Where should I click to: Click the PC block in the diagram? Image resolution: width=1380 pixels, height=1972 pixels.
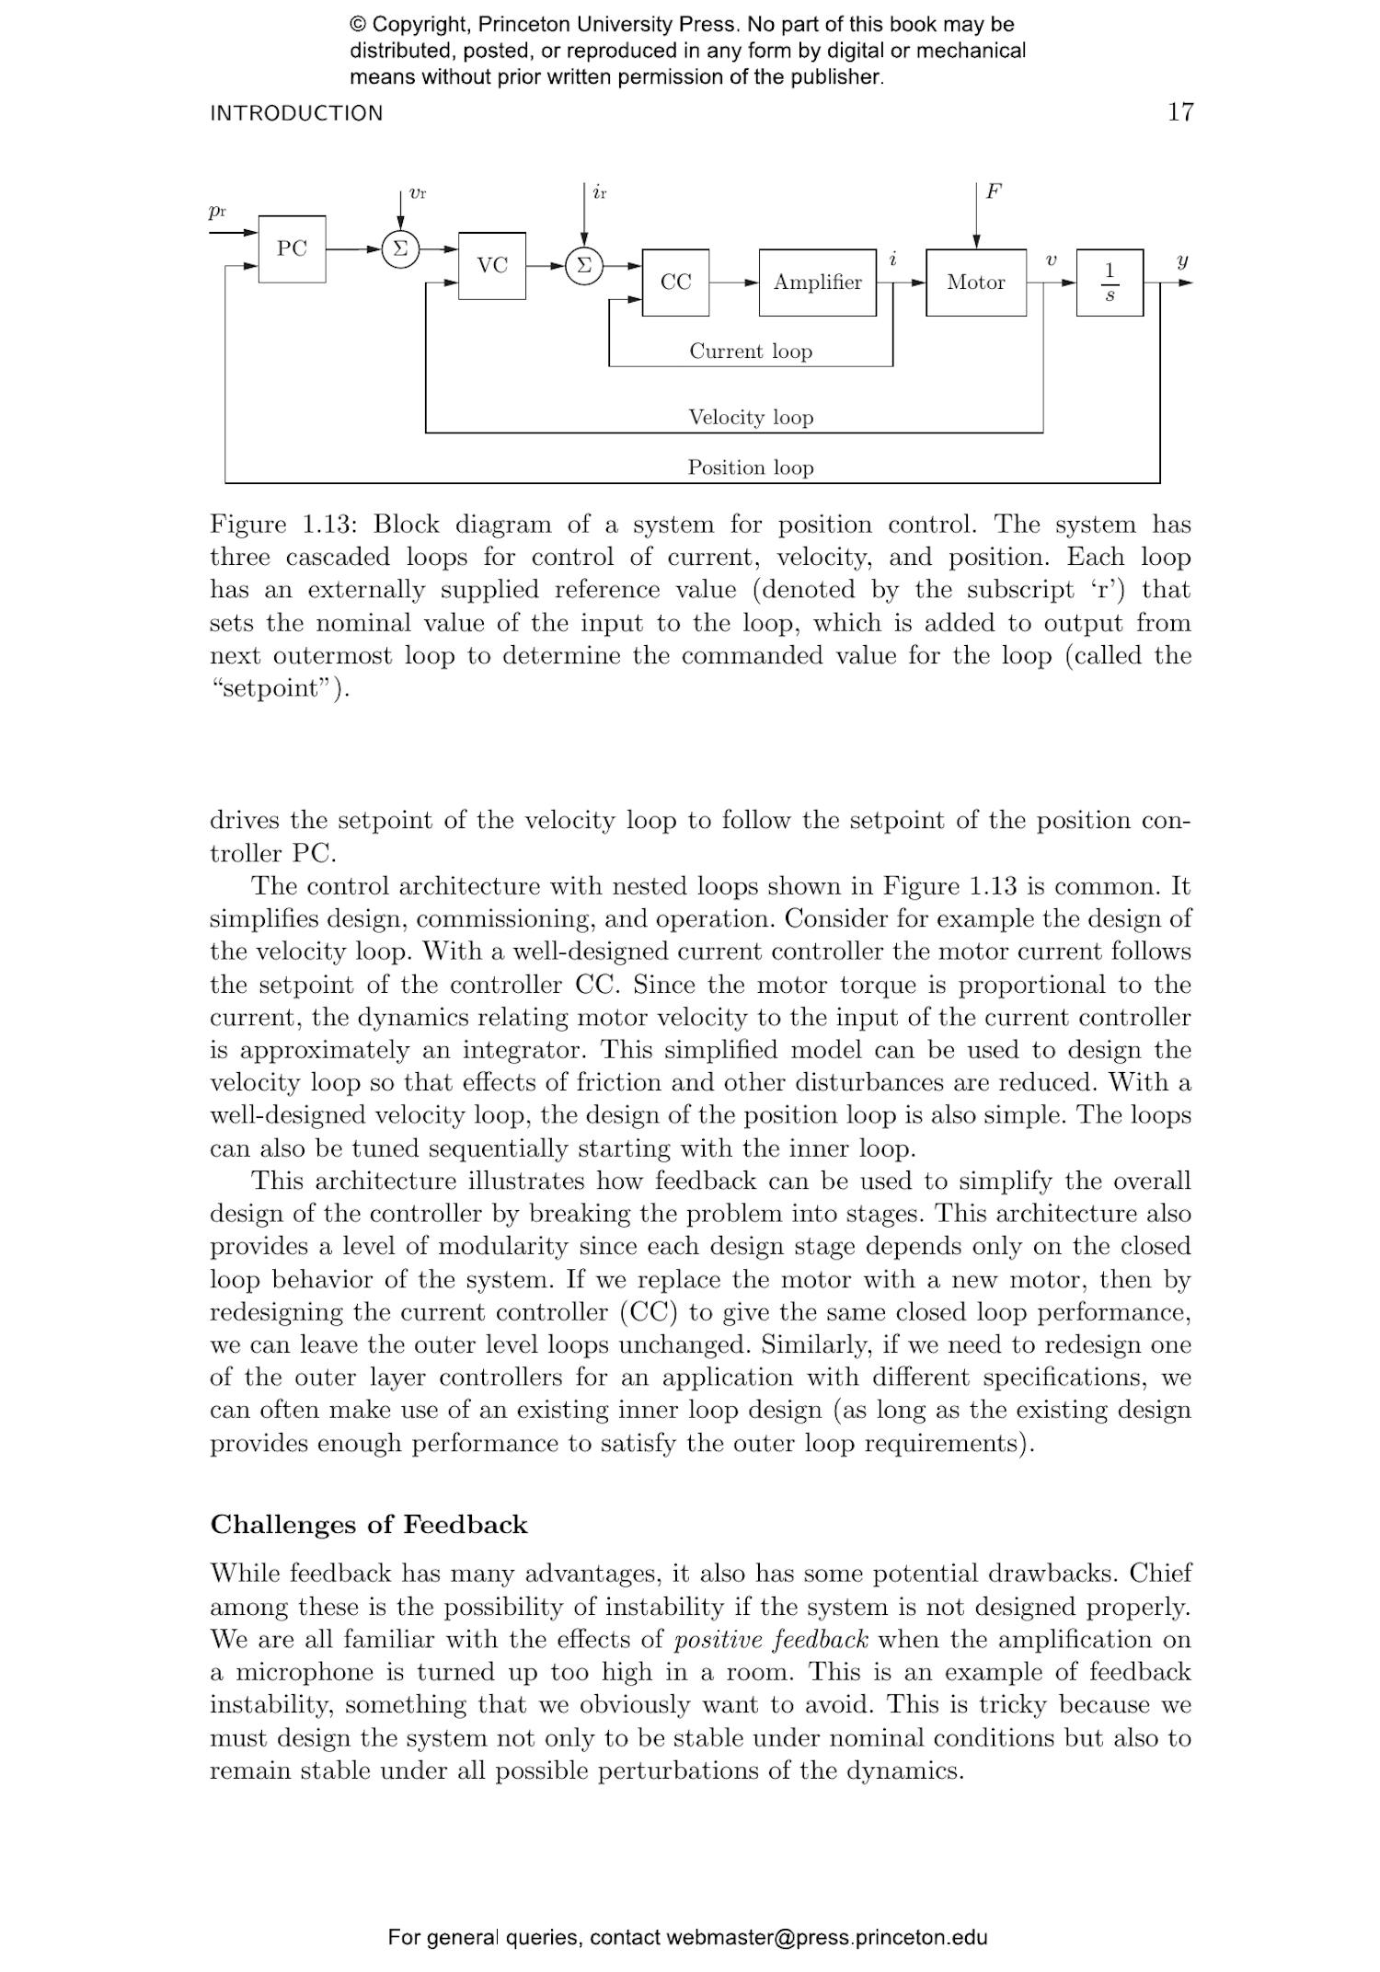292,248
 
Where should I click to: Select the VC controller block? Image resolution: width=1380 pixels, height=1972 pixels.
492,266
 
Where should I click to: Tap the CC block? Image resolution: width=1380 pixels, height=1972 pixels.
675,283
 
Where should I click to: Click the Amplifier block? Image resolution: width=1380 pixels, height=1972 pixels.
817,283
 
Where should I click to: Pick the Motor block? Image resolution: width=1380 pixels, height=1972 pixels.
975,283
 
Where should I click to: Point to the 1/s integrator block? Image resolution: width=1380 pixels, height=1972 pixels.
1110,283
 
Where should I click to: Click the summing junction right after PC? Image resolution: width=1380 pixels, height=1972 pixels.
400,248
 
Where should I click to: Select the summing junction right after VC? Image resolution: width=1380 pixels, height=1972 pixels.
583,266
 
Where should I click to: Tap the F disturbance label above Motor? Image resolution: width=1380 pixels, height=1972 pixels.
994,191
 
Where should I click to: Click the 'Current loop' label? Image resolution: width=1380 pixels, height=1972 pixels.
751,352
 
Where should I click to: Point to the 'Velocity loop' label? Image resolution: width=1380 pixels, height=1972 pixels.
751,418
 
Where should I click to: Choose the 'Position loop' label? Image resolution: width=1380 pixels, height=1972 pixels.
751,467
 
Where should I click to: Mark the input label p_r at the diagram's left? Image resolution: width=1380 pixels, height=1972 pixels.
217,212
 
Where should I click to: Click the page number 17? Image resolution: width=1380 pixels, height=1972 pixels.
1180,112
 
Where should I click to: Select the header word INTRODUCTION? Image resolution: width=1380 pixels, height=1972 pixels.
296,113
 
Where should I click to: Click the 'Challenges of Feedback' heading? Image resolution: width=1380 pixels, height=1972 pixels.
369,1525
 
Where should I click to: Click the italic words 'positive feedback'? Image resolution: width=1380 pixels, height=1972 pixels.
771,1640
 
